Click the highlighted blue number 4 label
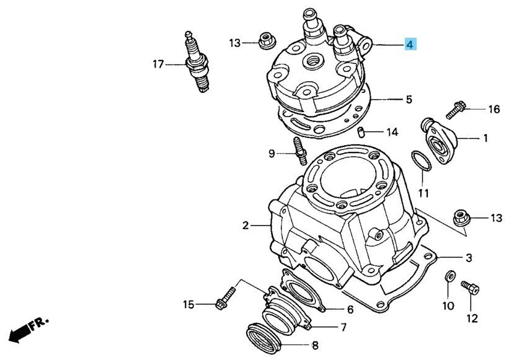(410, 44)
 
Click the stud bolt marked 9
(301, 151)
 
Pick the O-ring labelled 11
(422, 160)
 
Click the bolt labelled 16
(456, 110)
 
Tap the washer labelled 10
(449, 276)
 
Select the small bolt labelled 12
(470, 288)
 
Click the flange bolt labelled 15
(226, 298)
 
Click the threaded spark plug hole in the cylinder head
(313, 62)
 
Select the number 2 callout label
(246, 226)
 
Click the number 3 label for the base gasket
(469, 258)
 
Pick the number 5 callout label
(409, 99)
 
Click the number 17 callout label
(158, 64)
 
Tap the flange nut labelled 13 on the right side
(461, 218)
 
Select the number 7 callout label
(343, 327)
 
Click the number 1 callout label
(485, 138)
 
